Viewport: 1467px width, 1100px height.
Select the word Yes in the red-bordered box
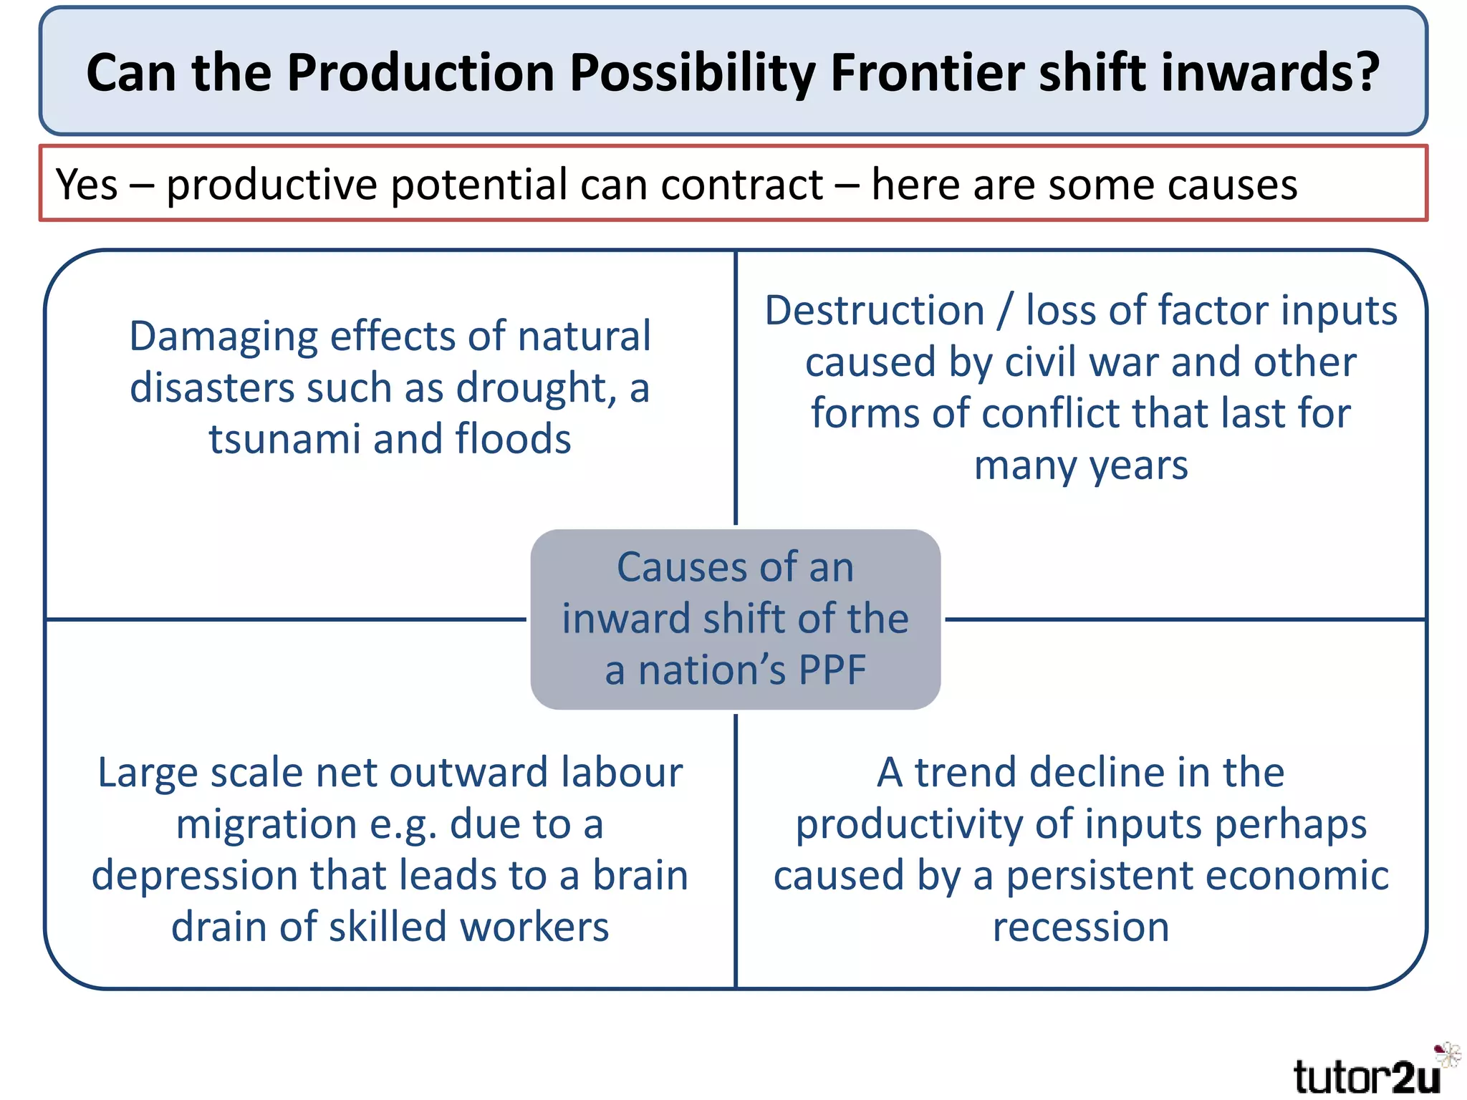[x=87, y=185]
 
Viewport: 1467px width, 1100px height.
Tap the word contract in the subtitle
[x=742, y=185]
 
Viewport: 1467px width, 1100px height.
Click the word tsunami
[x=284, y=439]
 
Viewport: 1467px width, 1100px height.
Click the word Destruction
[x=875, y=311]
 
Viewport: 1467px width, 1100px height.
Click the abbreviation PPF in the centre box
[x=832, y=670]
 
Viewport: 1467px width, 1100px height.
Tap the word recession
[x=1080, y=927]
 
